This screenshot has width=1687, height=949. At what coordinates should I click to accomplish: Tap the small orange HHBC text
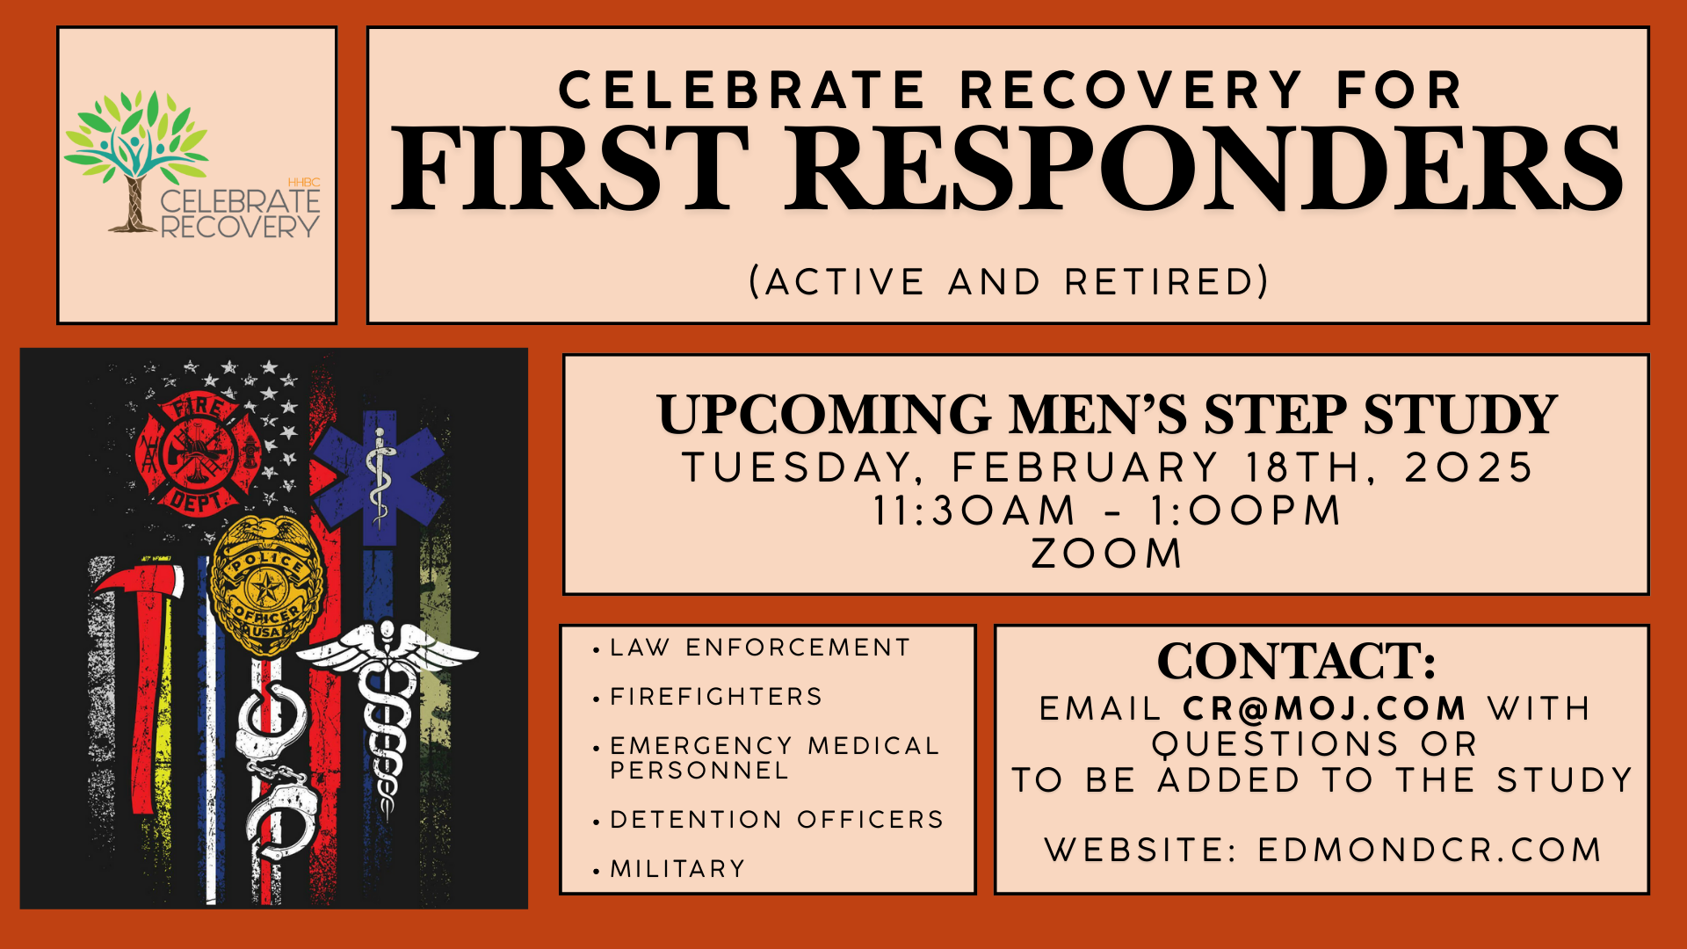pyautogui.click(x=304, y=183)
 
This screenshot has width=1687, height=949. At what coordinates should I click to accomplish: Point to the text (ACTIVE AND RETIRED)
pyautogui.click(x=1009, y=282)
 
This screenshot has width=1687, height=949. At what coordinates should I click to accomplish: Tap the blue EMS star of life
pyautogui.click(x=378, y=474)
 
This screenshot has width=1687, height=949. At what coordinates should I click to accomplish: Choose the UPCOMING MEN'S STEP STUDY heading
pyautogui.click(x=1106, y=415)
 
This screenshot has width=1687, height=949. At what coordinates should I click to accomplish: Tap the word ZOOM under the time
pyautogui.click(x=1106, y=554)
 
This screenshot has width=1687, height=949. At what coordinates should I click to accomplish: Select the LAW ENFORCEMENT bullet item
pyautogui.click(x=760, y=648)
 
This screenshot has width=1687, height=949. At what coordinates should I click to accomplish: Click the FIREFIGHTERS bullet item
pyautogui.click(x=716, y=697)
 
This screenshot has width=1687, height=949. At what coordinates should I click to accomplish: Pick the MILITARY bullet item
pyautogui.click(x=677, y=869)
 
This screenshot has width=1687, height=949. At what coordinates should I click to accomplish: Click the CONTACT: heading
pyautogui.click(x=1297, y=661)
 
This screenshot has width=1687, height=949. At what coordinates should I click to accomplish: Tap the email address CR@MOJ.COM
pyautogui.click(x=1325, y=708)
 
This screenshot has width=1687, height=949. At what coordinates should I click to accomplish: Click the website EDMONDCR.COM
pyautogui.click(x=1430, y=850)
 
